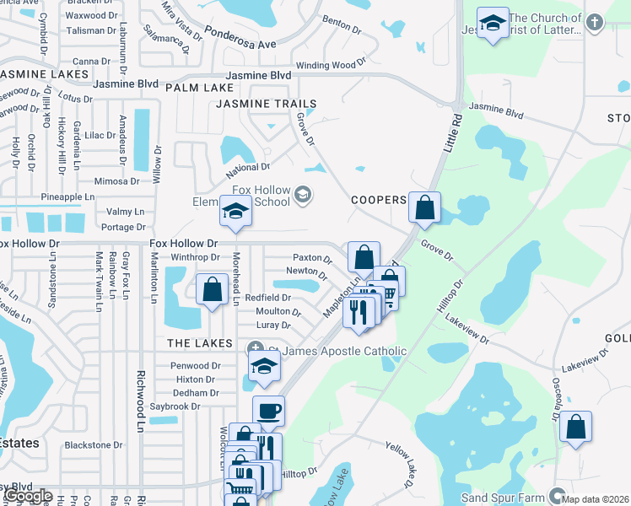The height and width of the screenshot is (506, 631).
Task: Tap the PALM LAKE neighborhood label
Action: coord(199,88)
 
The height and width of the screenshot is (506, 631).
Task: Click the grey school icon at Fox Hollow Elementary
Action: coord(303,196)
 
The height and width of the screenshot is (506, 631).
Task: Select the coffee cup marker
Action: coord(268,411)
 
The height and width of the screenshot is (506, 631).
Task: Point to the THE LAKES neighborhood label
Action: coord(200,343)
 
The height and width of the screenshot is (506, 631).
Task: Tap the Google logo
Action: coord(27,496)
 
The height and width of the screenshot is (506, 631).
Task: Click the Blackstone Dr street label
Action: coord(94,444)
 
